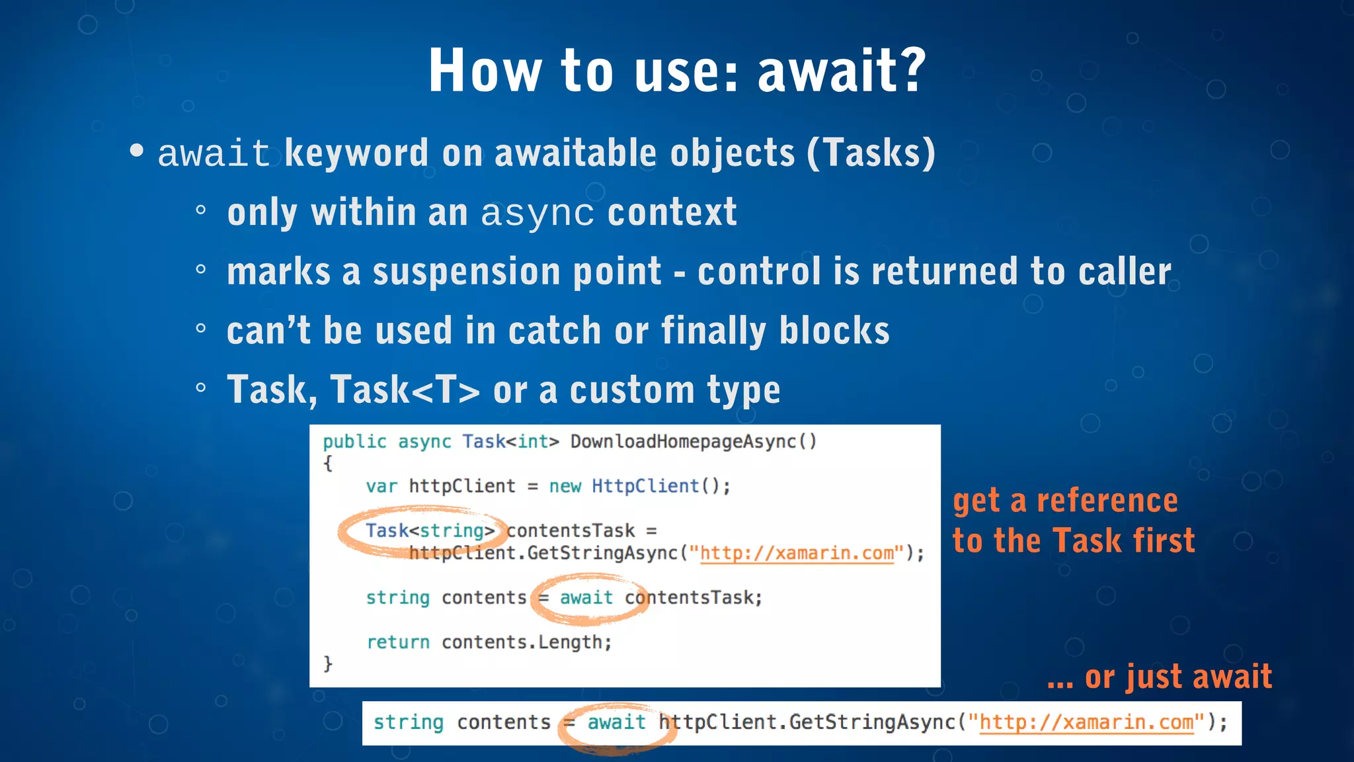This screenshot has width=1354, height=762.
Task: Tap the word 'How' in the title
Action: [485, 71]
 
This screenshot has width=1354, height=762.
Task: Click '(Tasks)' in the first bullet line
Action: [871, 153]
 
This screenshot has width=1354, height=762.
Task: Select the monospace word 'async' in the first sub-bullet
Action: [537, 213]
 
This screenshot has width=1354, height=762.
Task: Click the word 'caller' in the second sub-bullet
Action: [1125, 272]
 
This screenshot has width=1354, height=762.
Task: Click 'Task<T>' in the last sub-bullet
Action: [405, 390]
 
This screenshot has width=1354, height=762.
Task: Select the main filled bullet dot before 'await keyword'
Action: [137, 151]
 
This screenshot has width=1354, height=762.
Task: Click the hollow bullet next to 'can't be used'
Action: [201, 328]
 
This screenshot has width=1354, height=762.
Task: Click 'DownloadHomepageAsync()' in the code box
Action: [694, 441]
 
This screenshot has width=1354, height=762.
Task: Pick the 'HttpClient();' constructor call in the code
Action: [660, 486]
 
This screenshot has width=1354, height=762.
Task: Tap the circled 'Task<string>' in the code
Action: [430, 530]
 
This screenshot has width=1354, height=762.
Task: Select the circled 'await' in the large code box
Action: [586, 598]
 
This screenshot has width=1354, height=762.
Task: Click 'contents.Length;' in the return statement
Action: [526, 642]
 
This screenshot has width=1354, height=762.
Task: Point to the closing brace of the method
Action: [328, 663]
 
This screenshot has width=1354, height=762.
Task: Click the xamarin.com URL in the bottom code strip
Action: [1086, 722]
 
